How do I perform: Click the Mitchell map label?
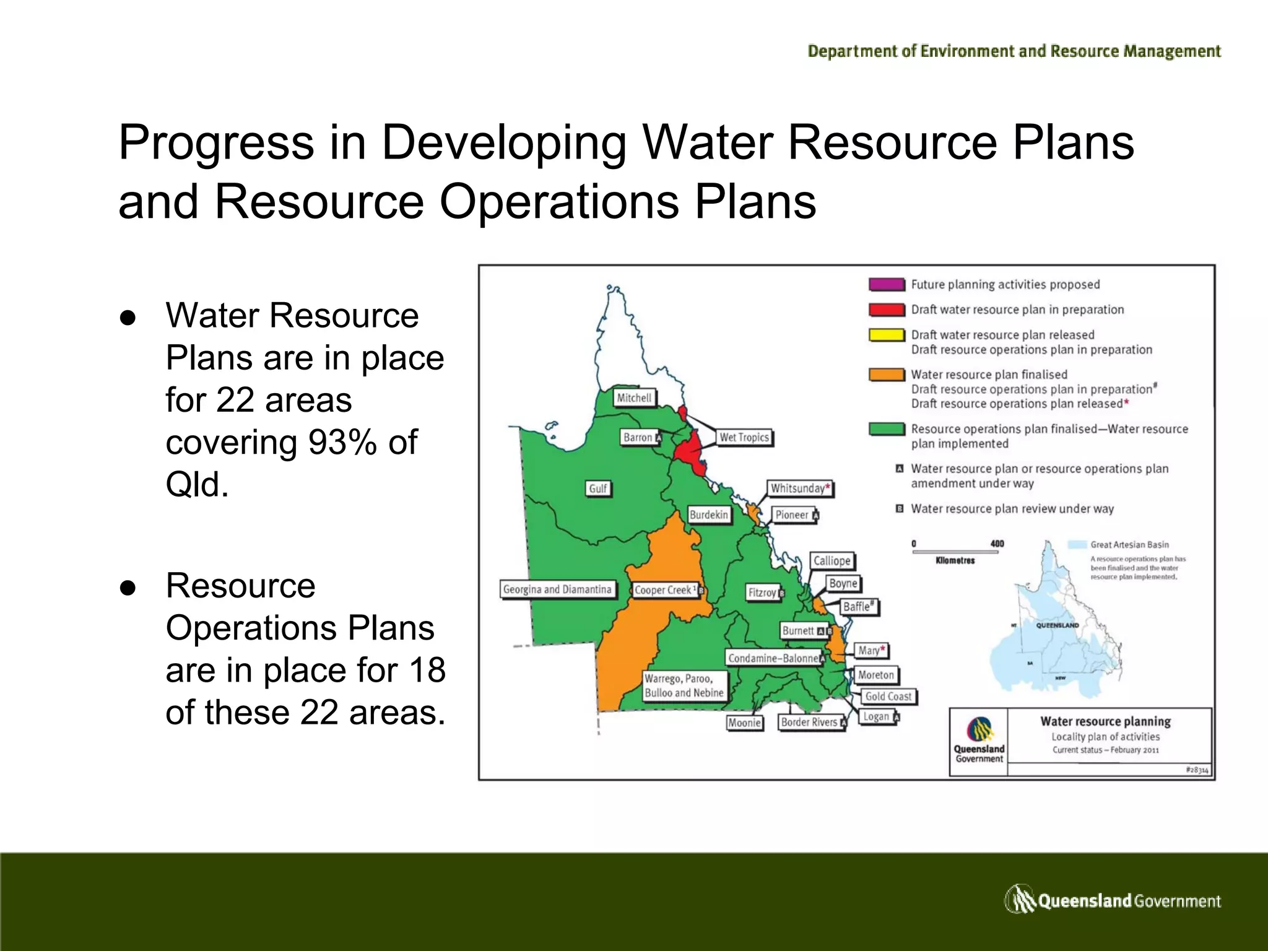tap(634, 398)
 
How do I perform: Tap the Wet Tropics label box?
tap(744, 437)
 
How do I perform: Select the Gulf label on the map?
tap(597, 489)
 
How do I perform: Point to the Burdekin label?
tap(709, 515)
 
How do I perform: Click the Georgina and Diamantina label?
tap(557, 589)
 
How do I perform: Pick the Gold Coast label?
tap(888, 697)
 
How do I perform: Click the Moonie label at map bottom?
tap(744, 723)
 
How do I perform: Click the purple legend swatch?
tap(887, 285)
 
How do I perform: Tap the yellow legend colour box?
tap(887, 335)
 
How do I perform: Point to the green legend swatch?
tap(887, 429)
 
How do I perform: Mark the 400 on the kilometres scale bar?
tap(997, 544)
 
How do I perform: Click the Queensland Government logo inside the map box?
tap(979, 739)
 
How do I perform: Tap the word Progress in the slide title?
tap(216, 142)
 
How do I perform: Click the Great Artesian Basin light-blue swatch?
tap(1078, 545)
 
